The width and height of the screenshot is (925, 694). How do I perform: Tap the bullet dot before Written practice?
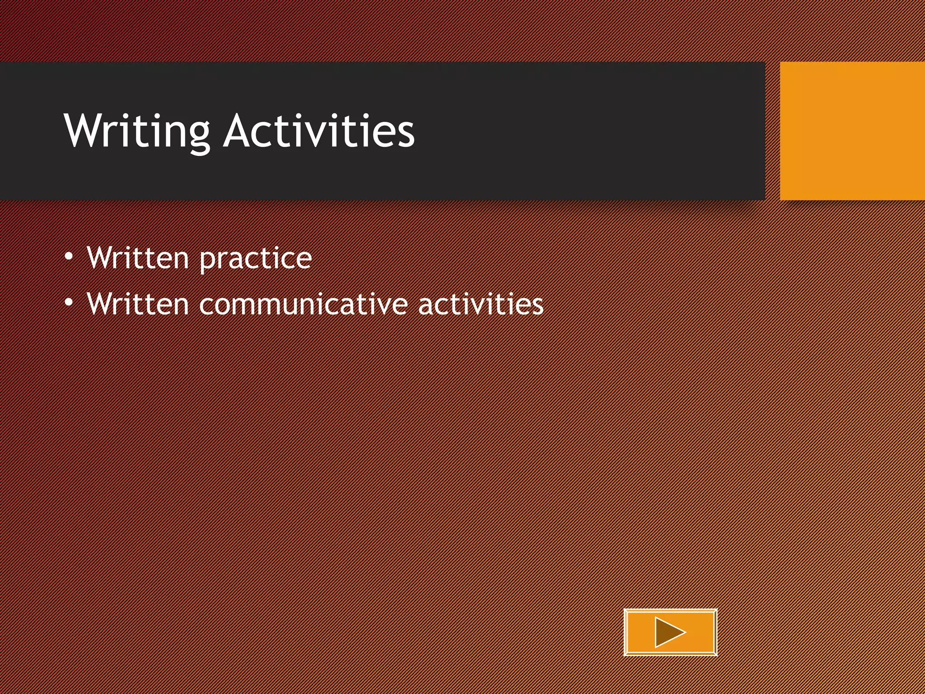(69, 257)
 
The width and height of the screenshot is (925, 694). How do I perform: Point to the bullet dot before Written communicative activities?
(69, 302)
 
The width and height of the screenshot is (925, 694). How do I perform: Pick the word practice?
(255, 259)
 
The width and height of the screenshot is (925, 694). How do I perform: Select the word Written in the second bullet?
(137, 303)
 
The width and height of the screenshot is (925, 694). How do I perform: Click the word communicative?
(303, 304)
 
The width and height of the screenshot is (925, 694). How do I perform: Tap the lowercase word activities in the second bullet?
(481, 304)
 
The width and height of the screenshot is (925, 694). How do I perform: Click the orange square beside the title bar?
(852, 131)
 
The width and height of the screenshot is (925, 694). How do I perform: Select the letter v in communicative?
(383, 305)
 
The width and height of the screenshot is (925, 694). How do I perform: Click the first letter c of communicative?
(207, 305)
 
